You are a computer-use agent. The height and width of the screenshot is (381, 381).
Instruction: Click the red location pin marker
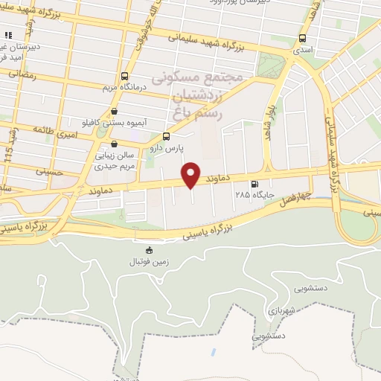click(192, 174)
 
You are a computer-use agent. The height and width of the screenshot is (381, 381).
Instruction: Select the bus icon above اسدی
click(303, 38)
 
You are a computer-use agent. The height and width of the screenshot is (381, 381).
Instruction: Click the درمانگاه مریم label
click(124, 87)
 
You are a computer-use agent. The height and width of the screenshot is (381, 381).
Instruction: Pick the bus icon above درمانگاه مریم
click(124, 76)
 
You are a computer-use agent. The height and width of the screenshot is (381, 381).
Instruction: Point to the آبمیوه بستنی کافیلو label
click(114, 121)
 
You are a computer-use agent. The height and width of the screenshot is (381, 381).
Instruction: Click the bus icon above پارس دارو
click(166, 136)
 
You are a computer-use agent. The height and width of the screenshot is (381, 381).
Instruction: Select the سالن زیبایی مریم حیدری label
click(113, 161)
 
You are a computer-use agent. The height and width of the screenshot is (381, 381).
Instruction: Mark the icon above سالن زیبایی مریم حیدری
click(113, 144)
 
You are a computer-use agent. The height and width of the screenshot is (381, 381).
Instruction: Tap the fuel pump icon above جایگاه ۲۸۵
click(256, 185)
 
